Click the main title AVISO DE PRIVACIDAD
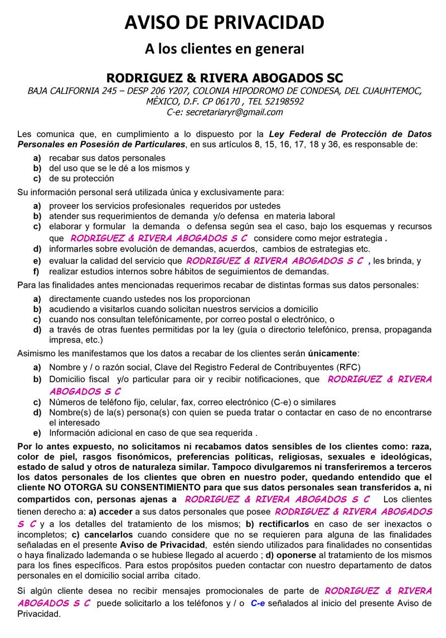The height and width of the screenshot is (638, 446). (x=224, y=23)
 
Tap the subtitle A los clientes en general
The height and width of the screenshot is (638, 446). (x=224, y=49)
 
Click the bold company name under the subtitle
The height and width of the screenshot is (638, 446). (x=225, y=77)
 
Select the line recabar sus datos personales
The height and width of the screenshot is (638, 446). (x=107, y=158)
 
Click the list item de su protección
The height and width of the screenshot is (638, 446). (x=81, y=178)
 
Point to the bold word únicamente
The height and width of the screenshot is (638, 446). (x=333, y=354)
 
